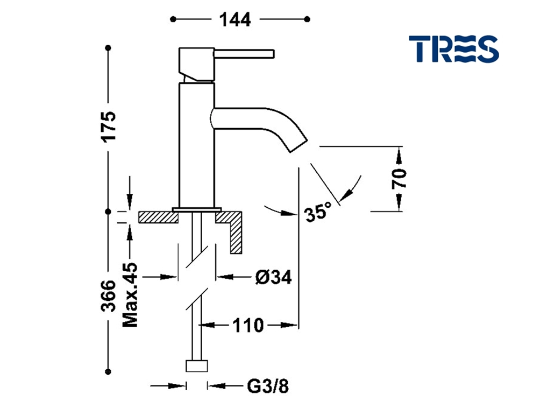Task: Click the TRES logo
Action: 453,48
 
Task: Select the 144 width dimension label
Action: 235,19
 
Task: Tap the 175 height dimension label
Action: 109,126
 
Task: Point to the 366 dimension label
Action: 109,295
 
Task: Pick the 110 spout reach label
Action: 248,325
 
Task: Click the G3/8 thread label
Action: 267,386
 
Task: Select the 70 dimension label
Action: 399,178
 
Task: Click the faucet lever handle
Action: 245,54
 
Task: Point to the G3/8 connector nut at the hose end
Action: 196,366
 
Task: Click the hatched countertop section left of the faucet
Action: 158,217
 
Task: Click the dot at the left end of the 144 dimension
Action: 173,20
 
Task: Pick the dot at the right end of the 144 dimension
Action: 308,20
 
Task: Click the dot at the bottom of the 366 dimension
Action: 109,371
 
